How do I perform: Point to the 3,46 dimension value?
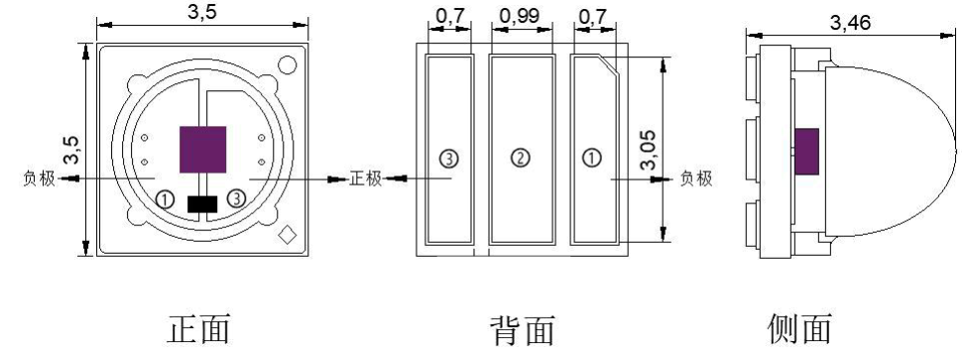(854, 22)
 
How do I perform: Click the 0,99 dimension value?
(521, 18)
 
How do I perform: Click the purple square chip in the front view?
(203, 148)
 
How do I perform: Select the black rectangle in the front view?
(202, 204)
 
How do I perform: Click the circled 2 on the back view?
(521, 157)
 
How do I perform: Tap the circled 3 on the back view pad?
(448, 157)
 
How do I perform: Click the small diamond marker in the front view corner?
(289, 235)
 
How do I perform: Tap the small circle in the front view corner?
(288, 65)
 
